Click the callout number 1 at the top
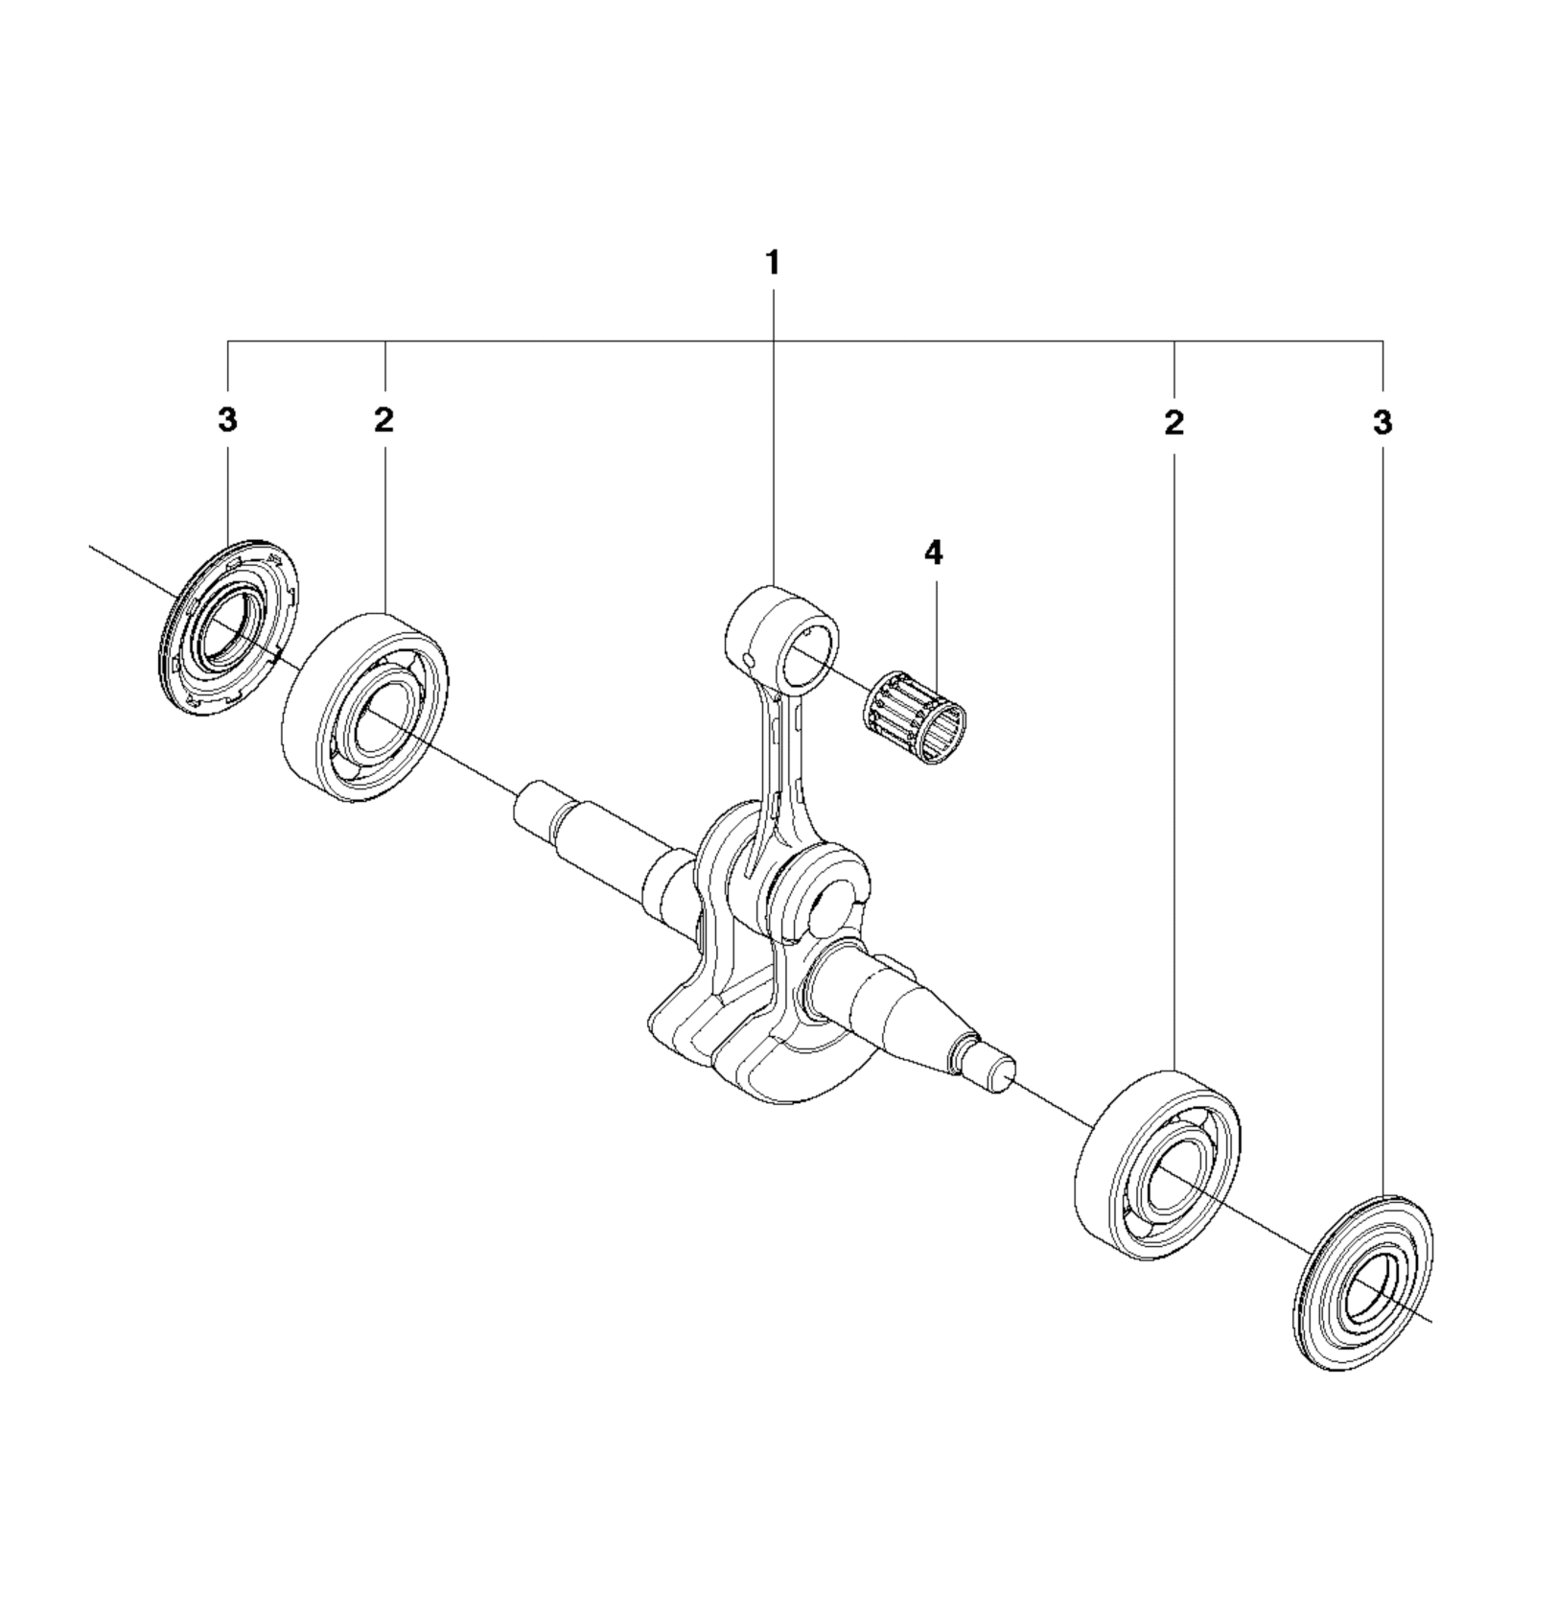[x=773, y=263]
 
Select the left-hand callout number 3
[x=227, y=420]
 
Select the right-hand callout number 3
[x=1382, y=422]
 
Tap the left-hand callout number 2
[x=384, y=420]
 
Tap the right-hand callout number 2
[x=1174, y=422]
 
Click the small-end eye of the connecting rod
[x=781, y=638]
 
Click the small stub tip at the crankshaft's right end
[x=997, y=1069]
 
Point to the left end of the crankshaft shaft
[x=533, y=806]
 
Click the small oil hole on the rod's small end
[x=747, y=656]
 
